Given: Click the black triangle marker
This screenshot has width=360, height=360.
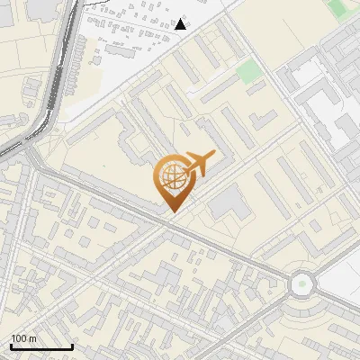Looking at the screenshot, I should pyautogui.click(x=181, y=24).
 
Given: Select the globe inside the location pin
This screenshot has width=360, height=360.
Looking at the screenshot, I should pyautogui.click(x=171, y=176).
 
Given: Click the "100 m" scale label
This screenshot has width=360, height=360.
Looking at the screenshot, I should pyautogui.click(x=24, y=338).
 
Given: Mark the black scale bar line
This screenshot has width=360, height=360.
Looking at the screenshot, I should pyautogui.click(x=41, y=346).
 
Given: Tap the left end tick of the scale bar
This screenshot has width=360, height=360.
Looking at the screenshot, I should pyautogui.click(x=11, y=346).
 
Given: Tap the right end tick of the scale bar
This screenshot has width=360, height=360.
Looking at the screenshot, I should pyautogui.click(x=72, y=346).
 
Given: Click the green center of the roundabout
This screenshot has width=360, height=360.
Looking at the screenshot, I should pyautogui.click(x=302, y=284).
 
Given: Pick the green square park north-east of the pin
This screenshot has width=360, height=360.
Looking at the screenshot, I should pyautogui.click(x=250, y=72).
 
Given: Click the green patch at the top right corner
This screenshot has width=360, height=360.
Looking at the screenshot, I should pyautogui.click(x=340, y=8).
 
